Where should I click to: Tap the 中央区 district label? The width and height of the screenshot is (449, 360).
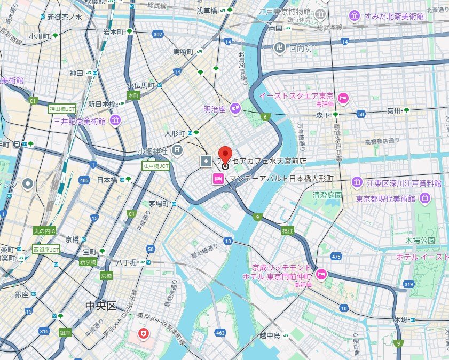pyautogui.click(x=100, y=306)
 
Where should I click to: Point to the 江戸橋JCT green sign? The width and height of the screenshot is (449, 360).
pyautogui.click(x=155, y=166)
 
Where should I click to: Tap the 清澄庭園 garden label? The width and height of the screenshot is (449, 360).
pyautogui.click(x=327, y=195)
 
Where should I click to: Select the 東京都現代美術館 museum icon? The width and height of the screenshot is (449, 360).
pyautogui.click(x=425, y=198)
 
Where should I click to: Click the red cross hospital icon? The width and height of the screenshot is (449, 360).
pyautogui.click(x=144, y=334)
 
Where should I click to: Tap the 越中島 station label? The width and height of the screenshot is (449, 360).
pyautogui.click(x=270, y=335)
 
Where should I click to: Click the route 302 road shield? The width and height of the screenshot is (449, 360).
pyautogui.click(x=157, y=34)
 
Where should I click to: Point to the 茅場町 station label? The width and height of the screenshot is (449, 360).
pyautogui.click(x=159, y=204)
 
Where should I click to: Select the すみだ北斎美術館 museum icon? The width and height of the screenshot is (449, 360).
pyautogui.click(x=355, y=17)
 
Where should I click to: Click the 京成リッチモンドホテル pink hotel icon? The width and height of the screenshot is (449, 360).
pyautogui.click(x=321, y=274)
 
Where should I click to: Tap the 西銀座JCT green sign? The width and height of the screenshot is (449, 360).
pyautogui.click(x=46, y=249)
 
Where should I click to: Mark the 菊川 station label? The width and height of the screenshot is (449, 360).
pyautogui.click(x=394, y=111)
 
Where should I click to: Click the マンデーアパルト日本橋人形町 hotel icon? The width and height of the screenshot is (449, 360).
pyautogui.click(x=218, y=178)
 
